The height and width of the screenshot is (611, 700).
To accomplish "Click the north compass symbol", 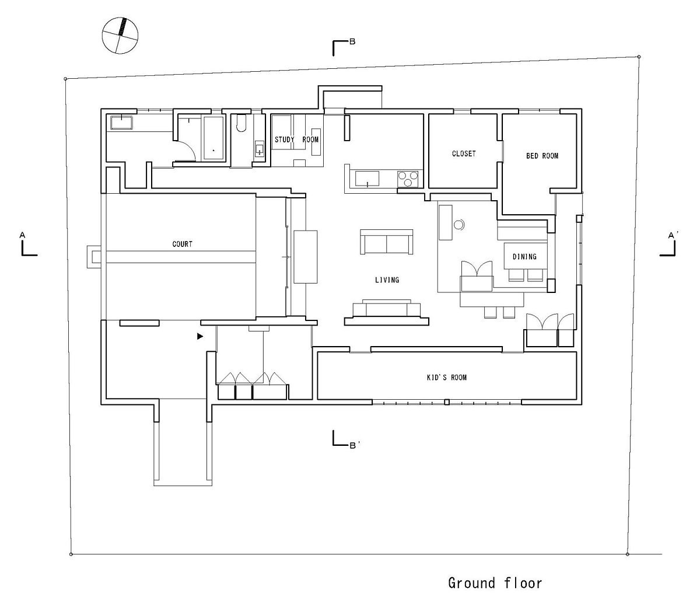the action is point(120,36).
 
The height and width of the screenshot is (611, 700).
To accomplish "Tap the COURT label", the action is point(183,244).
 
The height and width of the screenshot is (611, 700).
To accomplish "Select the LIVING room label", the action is point(387,280).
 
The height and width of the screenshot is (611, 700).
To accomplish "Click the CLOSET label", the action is point(464,153).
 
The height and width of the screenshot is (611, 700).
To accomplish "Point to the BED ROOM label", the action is point(542,156).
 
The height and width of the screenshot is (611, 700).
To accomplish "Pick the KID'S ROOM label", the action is point(447,378).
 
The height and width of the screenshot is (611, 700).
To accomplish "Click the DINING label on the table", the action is point(524,257).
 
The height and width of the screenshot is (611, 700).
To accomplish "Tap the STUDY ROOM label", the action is point(297,139).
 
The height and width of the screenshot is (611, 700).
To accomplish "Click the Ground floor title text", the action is point(495,583).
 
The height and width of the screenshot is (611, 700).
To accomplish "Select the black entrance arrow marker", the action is point(200,337).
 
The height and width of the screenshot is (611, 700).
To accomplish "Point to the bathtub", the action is point(214,138).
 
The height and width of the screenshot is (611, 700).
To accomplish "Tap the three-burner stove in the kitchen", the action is point(408,179).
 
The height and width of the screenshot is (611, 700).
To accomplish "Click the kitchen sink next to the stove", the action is point(367,179).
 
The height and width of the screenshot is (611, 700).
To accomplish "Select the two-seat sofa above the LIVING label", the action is point(387,242).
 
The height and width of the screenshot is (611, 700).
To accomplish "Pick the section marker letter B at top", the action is point(352,42).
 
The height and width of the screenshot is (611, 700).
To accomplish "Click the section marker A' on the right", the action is point(671,236).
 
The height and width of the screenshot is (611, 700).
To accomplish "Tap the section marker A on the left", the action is point(22,235).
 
